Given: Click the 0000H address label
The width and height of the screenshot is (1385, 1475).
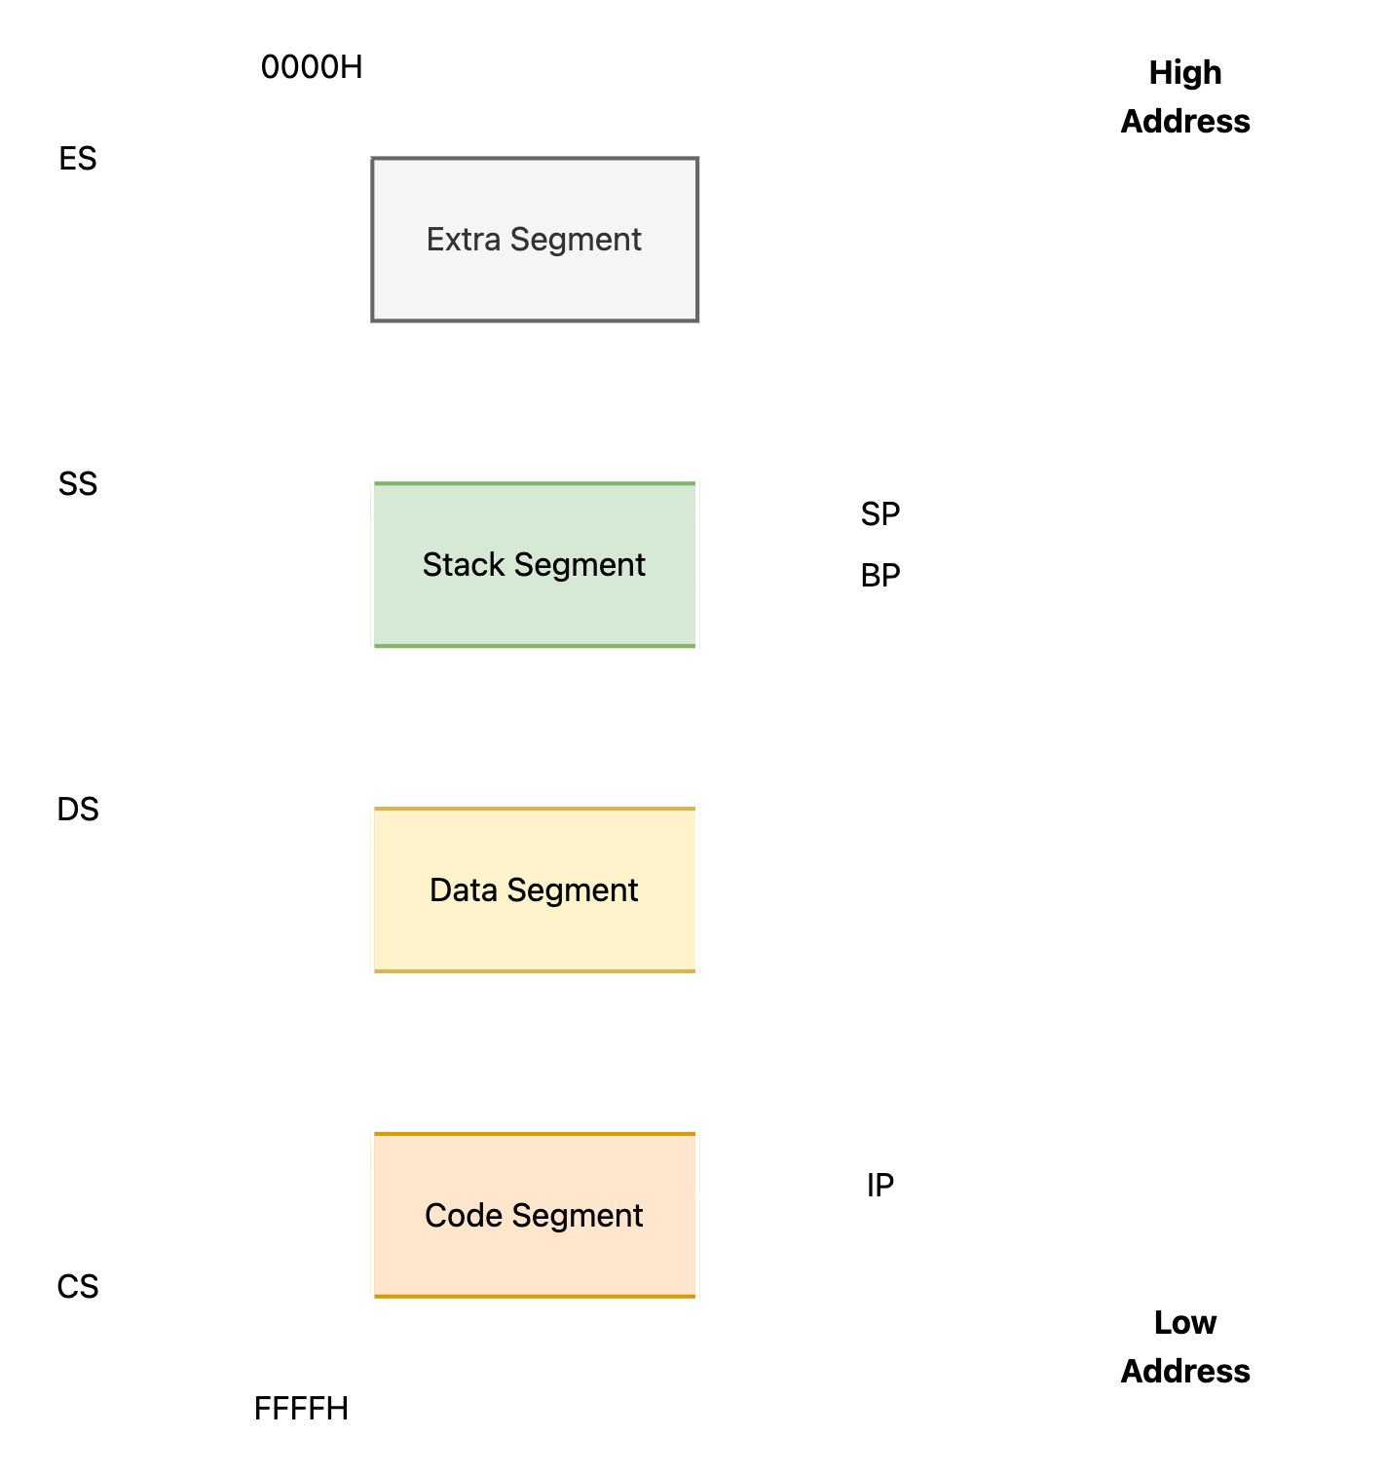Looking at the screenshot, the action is [x=311, y=67].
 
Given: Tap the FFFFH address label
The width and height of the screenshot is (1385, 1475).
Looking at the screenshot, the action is [x=301, y=1408].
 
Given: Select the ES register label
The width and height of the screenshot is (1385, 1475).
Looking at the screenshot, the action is [x=78, y=158].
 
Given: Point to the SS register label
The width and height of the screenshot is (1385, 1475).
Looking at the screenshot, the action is [x=78, y=483].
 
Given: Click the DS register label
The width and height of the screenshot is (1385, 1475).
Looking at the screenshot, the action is [x=78, y=809].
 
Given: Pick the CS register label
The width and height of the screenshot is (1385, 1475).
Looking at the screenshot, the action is [x=78, y=1286].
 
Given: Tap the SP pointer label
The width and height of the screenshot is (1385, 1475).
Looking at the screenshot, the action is [x=880, y=514].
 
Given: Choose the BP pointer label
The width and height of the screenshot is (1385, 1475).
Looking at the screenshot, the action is [x=880, y=576].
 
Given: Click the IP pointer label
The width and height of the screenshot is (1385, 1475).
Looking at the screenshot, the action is [x=880, y=1185].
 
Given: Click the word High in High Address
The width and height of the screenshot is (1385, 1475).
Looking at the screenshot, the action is [x=1185, y=73].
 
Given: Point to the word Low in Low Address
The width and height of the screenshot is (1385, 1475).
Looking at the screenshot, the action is [x=1185, y=1323].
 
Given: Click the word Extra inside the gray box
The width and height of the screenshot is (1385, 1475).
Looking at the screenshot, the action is [x=464, y=239].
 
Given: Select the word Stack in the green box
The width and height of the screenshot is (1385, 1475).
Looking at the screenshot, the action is [x=464, y=564].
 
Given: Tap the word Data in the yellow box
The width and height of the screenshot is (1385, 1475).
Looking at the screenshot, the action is [x=464, y=889].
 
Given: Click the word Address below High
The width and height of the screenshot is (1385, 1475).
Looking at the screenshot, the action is [x=1185, y=121].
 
